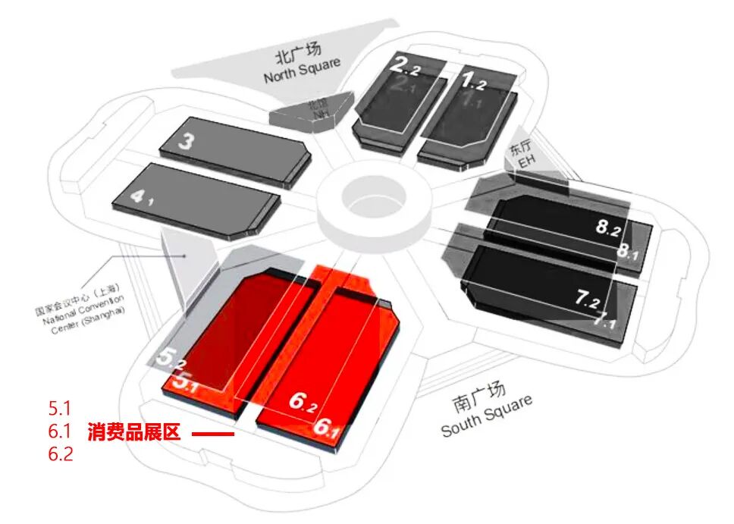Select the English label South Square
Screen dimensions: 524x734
click(487, 416)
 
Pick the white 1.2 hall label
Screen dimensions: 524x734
click(479, 78)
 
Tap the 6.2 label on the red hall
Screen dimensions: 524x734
click(303, 402)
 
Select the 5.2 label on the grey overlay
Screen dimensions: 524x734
click(170, 356)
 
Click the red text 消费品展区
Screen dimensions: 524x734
click(133, 434)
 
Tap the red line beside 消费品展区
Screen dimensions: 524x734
click(212, 435)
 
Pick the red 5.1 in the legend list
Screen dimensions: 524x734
click(60, 409)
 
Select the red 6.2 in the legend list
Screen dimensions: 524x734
click(61, 455)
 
